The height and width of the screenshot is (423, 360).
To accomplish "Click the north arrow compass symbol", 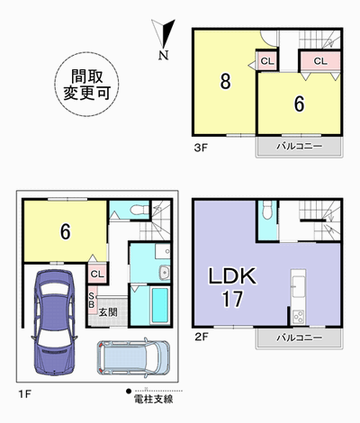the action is tap(164, 39).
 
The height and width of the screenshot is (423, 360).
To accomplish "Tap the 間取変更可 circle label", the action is tap(86, 85).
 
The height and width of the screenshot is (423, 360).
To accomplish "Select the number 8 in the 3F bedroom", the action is tap(225, 81).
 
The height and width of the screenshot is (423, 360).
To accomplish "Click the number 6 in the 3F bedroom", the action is tap(299, 104).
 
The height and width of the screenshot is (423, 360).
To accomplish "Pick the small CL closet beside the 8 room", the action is tap(267, 61).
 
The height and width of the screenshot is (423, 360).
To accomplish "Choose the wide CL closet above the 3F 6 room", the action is tap(320, 61).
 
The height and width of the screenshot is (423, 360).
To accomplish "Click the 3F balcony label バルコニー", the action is tap(300, 147).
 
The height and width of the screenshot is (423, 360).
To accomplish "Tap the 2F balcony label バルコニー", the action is tap(300, 337).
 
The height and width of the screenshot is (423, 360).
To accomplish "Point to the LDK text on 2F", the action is tap(232, 276).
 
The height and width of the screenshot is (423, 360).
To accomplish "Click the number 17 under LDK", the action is tap(232, 299).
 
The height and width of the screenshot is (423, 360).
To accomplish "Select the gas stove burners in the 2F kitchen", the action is tap(298, 317).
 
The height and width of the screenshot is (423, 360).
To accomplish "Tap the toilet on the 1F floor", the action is tap(140, 210).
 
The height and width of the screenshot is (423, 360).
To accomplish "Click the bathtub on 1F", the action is tap(159, 305).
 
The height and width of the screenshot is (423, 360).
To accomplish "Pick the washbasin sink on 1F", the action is tap(165, 272).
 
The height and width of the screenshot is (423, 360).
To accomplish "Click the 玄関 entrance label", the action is tap(108, 312).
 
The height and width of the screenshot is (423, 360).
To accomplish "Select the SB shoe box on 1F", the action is tap(92, 300).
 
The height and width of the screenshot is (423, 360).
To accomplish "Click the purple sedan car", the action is tap(54, 322).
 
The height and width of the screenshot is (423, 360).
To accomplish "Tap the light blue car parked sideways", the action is tap(133, 357).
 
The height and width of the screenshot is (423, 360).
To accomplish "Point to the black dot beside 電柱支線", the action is tap(129, 391).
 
